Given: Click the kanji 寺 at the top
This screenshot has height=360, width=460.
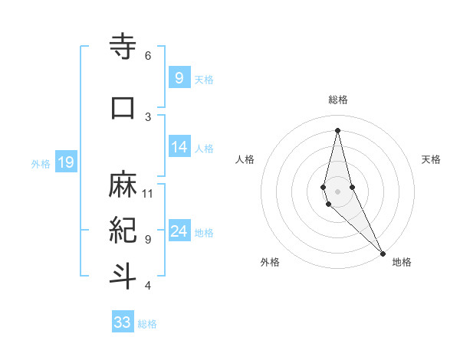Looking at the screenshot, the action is tap(123, 47).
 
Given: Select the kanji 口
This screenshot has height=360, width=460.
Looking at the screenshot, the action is tap(123, 106).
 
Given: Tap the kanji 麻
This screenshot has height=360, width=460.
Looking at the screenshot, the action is tap(123, 184).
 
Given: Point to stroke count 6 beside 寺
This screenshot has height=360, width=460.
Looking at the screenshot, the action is tap(148, 56).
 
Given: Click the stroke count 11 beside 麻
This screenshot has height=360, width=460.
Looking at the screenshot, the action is tap(148, 194).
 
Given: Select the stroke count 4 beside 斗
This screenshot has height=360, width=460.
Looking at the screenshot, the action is tap(148, 286).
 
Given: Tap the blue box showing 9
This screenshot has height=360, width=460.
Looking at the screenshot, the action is tap(179, 77).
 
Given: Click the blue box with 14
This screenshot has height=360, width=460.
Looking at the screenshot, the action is tap(179, 146).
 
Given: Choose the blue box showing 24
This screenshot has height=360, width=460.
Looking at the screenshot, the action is tap(179, 231).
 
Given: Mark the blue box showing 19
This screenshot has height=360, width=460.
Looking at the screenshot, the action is tap(65, 162).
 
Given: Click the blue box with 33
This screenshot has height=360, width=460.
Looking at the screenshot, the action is tap(122, 322).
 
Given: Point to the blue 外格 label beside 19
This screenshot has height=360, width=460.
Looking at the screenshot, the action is tap(41, 163).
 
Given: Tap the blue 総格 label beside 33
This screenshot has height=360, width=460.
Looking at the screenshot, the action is tap(147, 324).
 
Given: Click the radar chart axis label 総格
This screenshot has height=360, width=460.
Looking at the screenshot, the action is tap(338, 100).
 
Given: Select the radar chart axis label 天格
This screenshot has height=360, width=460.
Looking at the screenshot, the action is tap(432, 159).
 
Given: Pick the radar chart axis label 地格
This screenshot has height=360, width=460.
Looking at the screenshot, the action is tap(402, 262).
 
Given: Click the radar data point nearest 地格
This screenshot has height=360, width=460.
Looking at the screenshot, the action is tap(383, 252).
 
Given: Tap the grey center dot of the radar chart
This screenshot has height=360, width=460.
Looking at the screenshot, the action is tap(337, 191).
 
